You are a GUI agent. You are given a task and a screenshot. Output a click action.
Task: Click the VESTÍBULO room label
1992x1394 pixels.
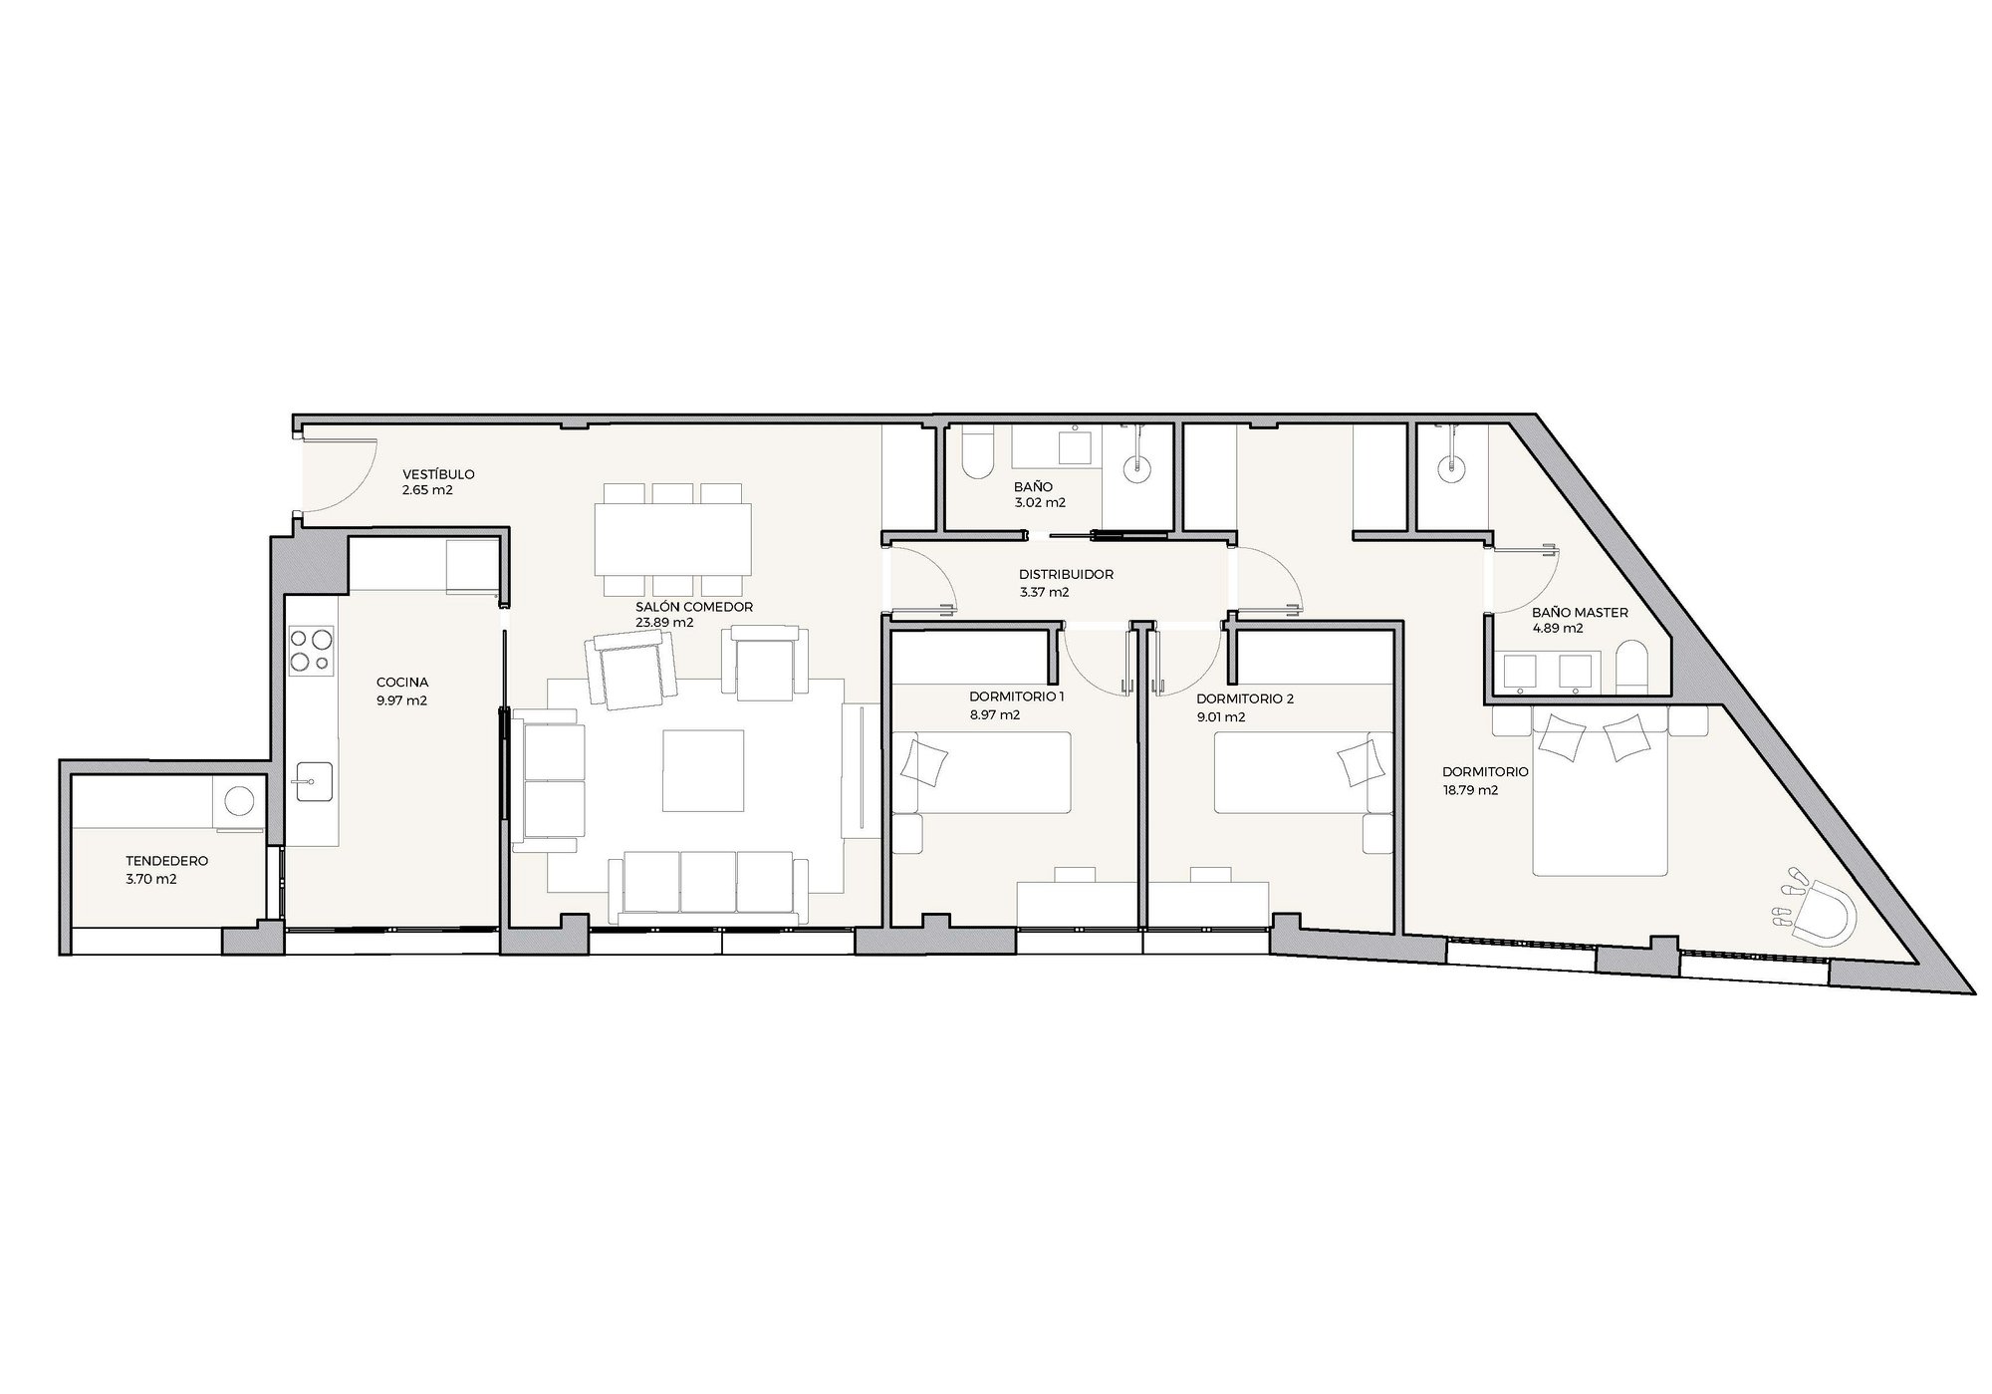(438, 474)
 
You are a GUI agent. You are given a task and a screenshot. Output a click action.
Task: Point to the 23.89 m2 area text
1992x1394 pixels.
(664, 623)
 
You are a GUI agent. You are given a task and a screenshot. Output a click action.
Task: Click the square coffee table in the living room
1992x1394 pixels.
(704, 770)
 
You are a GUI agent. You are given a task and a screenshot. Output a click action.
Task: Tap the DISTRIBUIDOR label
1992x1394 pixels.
(1066, 575)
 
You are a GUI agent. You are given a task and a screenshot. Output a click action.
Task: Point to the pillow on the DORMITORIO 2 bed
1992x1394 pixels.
(1361, 763)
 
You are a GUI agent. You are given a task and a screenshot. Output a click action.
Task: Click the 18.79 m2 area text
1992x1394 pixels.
(1470, 790)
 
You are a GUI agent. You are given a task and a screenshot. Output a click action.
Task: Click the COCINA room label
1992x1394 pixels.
(402, 683)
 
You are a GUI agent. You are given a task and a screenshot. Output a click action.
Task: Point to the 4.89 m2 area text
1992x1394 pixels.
(1558, 629)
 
